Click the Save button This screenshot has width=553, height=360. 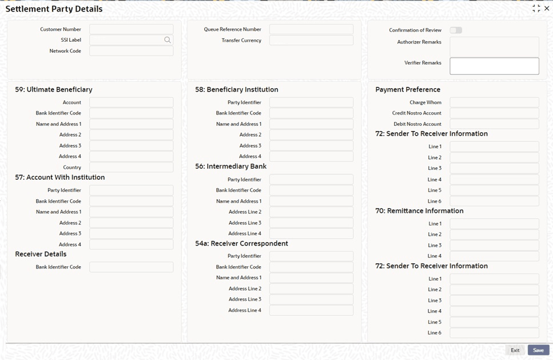point(538,350)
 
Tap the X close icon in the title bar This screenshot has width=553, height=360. point(547,9)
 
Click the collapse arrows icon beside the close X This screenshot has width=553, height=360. point(536,9)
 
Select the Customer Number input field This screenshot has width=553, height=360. point(131,29)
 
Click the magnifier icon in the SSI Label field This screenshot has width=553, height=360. point(168,40)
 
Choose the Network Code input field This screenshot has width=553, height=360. point(131,51)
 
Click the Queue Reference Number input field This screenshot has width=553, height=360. point(311,29)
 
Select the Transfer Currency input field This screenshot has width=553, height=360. point(311,41)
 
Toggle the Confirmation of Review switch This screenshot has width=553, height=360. point(456,30)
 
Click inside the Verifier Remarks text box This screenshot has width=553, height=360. point(494,66)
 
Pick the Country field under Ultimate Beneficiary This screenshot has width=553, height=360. point(131,167)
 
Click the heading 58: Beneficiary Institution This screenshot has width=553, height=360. point(237,90)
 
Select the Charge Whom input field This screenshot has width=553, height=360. point(494,102)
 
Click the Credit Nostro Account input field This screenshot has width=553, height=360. point(494,113)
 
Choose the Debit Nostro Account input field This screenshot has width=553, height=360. point(494,124)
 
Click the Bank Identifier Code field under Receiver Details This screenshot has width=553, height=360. point(131,267)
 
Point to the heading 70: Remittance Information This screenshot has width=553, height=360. point(419,211)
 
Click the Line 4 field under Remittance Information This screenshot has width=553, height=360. point(494,256)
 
